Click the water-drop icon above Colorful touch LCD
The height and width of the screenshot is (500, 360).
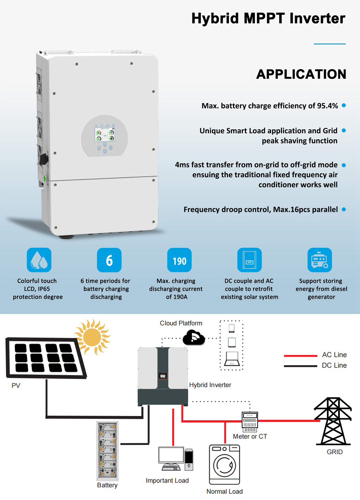tap(39, 260)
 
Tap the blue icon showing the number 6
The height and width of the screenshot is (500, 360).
tap(109, 260)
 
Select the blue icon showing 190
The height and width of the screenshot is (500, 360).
tap(179, 260)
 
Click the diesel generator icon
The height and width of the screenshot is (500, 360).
tap(320, 260)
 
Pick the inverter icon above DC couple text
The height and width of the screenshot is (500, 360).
tap(250, 260)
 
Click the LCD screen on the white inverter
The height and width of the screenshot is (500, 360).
tap(105, 134)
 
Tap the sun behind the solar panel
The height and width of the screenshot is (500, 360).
tap(92, 337)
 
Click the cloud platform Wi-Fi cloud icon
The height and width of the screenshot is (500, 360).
tap(193, 338)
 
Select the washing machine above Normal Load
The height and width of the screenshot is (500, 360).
tap(224, 464)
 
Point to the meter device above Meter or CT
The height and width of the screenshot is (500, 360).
tap(250, 422)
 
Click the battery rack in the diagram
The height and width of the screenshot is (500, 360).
tap(107, 451)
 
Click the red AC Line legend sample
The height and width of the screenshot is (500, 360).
tap(300, 356)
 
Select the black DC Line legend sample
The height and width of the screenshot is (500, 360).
tap(300, 366)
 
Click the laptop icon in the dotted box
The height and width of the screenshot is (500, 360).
tap(232, 359)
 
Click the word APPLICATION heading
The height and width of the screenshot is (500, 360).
tap(301, 74)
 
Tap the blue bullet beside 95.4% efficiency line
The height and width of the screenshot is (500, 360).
tap(344, 106)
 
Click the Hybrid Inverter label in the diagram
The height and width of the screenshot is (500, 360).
tap(210, 385)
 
